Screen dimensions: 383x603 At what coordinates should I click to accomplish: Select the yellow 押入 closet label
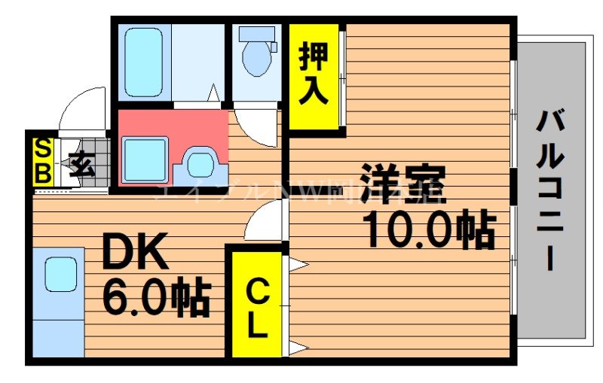313,74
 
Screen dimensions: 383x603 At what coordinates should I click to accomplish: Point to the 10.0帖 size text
430,229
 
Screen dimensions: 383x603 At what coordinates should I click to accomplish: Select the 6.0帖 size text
155,298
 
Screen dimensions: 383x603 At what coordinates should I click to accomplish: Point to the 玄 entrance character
82,164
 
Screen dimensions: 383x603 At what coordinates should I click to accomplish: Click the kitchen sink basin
60,274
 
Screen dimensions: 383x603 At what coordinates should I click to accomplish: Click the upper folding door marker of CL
296,264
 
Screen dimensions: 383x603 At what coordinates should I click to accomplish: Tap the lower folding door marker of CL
296,348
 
